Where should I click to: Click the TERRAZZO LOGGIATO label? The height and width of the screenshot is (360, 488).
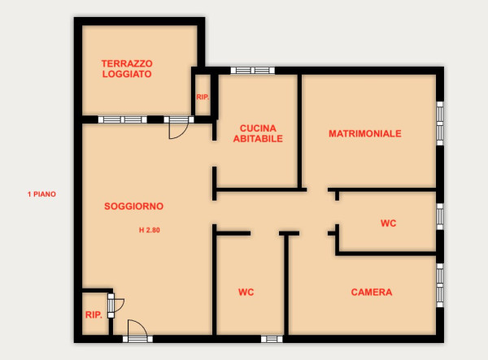(x=127, y=69)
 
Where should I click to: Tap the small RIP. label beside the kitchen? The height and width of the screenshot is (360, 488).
(x=203, y=98)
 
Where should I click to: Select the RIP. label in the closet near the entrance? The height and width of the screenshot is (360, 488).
(x=94, y=315)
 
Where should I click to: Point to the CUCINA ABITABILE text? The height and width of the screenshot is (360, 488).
(x=258, y=133)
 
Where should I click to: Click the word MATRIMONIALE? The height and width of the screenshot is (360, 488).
(x=365, y=133)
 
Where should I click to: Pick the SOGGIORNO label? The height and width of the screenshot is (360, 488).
(x=134, y=206)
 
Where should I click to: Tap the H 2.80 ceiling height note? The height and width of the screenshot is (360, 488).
(x=150, y=230)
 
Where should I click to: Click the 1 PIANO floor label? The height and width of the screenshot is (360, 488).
(x=41, y=194)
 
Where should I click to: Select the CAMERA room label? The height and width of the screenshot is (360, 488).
(x=372, y=293)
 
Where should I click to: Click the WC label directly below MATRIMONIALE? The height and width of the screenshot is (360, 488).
(x=389, y=223)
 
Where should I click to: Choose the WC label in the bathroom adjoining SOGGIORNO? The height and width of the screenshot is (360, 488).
(x=246, y=293)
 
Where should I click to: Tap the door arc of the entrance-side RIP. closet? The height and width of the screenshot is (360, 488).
(x=122, y=306)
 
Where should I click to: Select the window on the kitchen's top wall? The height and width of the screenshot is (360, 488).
(x=253, y=70)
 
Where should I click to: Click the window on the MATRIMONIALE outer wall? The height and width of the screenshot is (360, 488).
(x=440, y=123)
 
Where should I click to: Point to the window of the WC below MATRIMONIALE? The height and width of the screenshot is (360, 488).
(x=440, y=217)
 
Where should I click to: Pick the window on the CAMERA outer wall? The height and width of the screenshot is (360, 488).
(x=440, y=285)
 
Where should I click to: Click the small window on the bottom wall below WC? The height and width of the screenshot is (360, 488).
(x=272, y=339)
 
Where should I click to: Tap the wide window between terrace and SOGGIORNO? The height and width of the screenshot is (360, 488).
(x=123, y=119)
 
